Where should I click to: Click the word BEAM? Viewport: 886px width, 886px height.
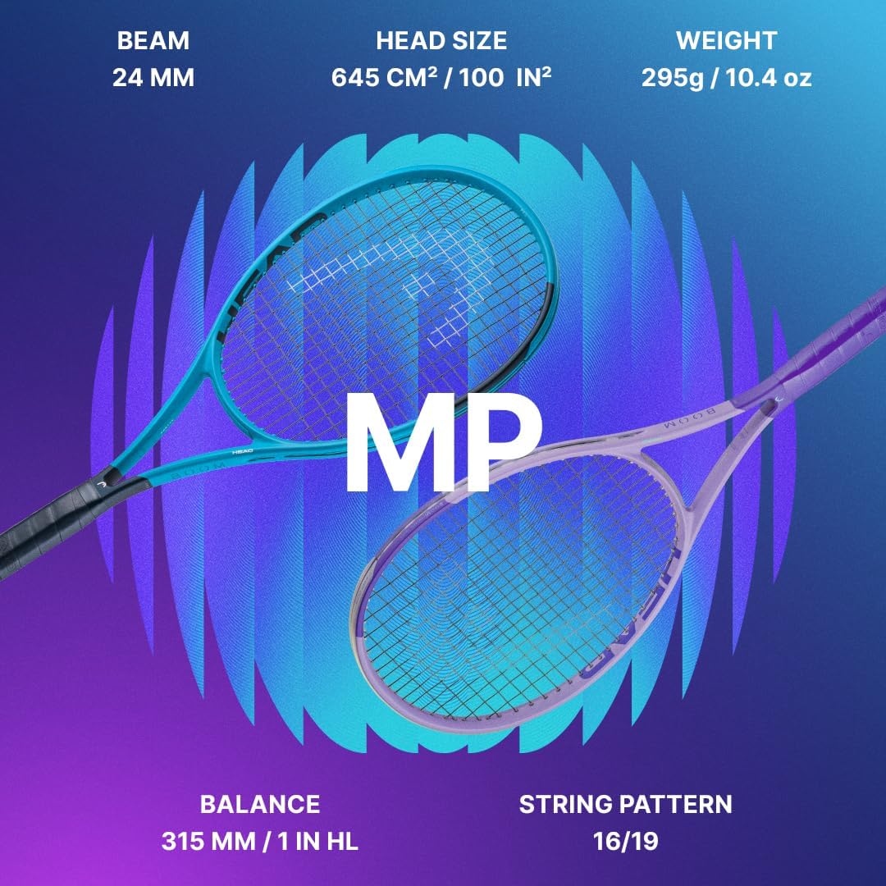153,40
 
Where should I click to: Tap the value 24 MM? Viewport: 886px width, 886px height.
153,79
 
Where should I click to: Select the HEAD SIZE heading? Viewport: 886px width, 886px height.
441,40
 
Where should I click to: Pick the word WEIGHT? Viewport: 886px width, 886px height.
727,40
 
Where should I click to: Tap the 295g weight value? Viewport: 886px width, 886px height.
676,79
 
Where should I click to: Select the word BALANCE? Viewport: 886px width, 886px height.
259,804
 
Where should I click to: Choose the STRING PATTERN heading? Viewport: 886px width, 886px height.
625,804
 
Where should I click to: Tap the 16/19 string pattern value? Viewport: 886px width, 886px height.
625,843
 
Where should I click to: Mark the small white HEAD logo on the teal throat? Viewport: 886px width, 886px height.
242,452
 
